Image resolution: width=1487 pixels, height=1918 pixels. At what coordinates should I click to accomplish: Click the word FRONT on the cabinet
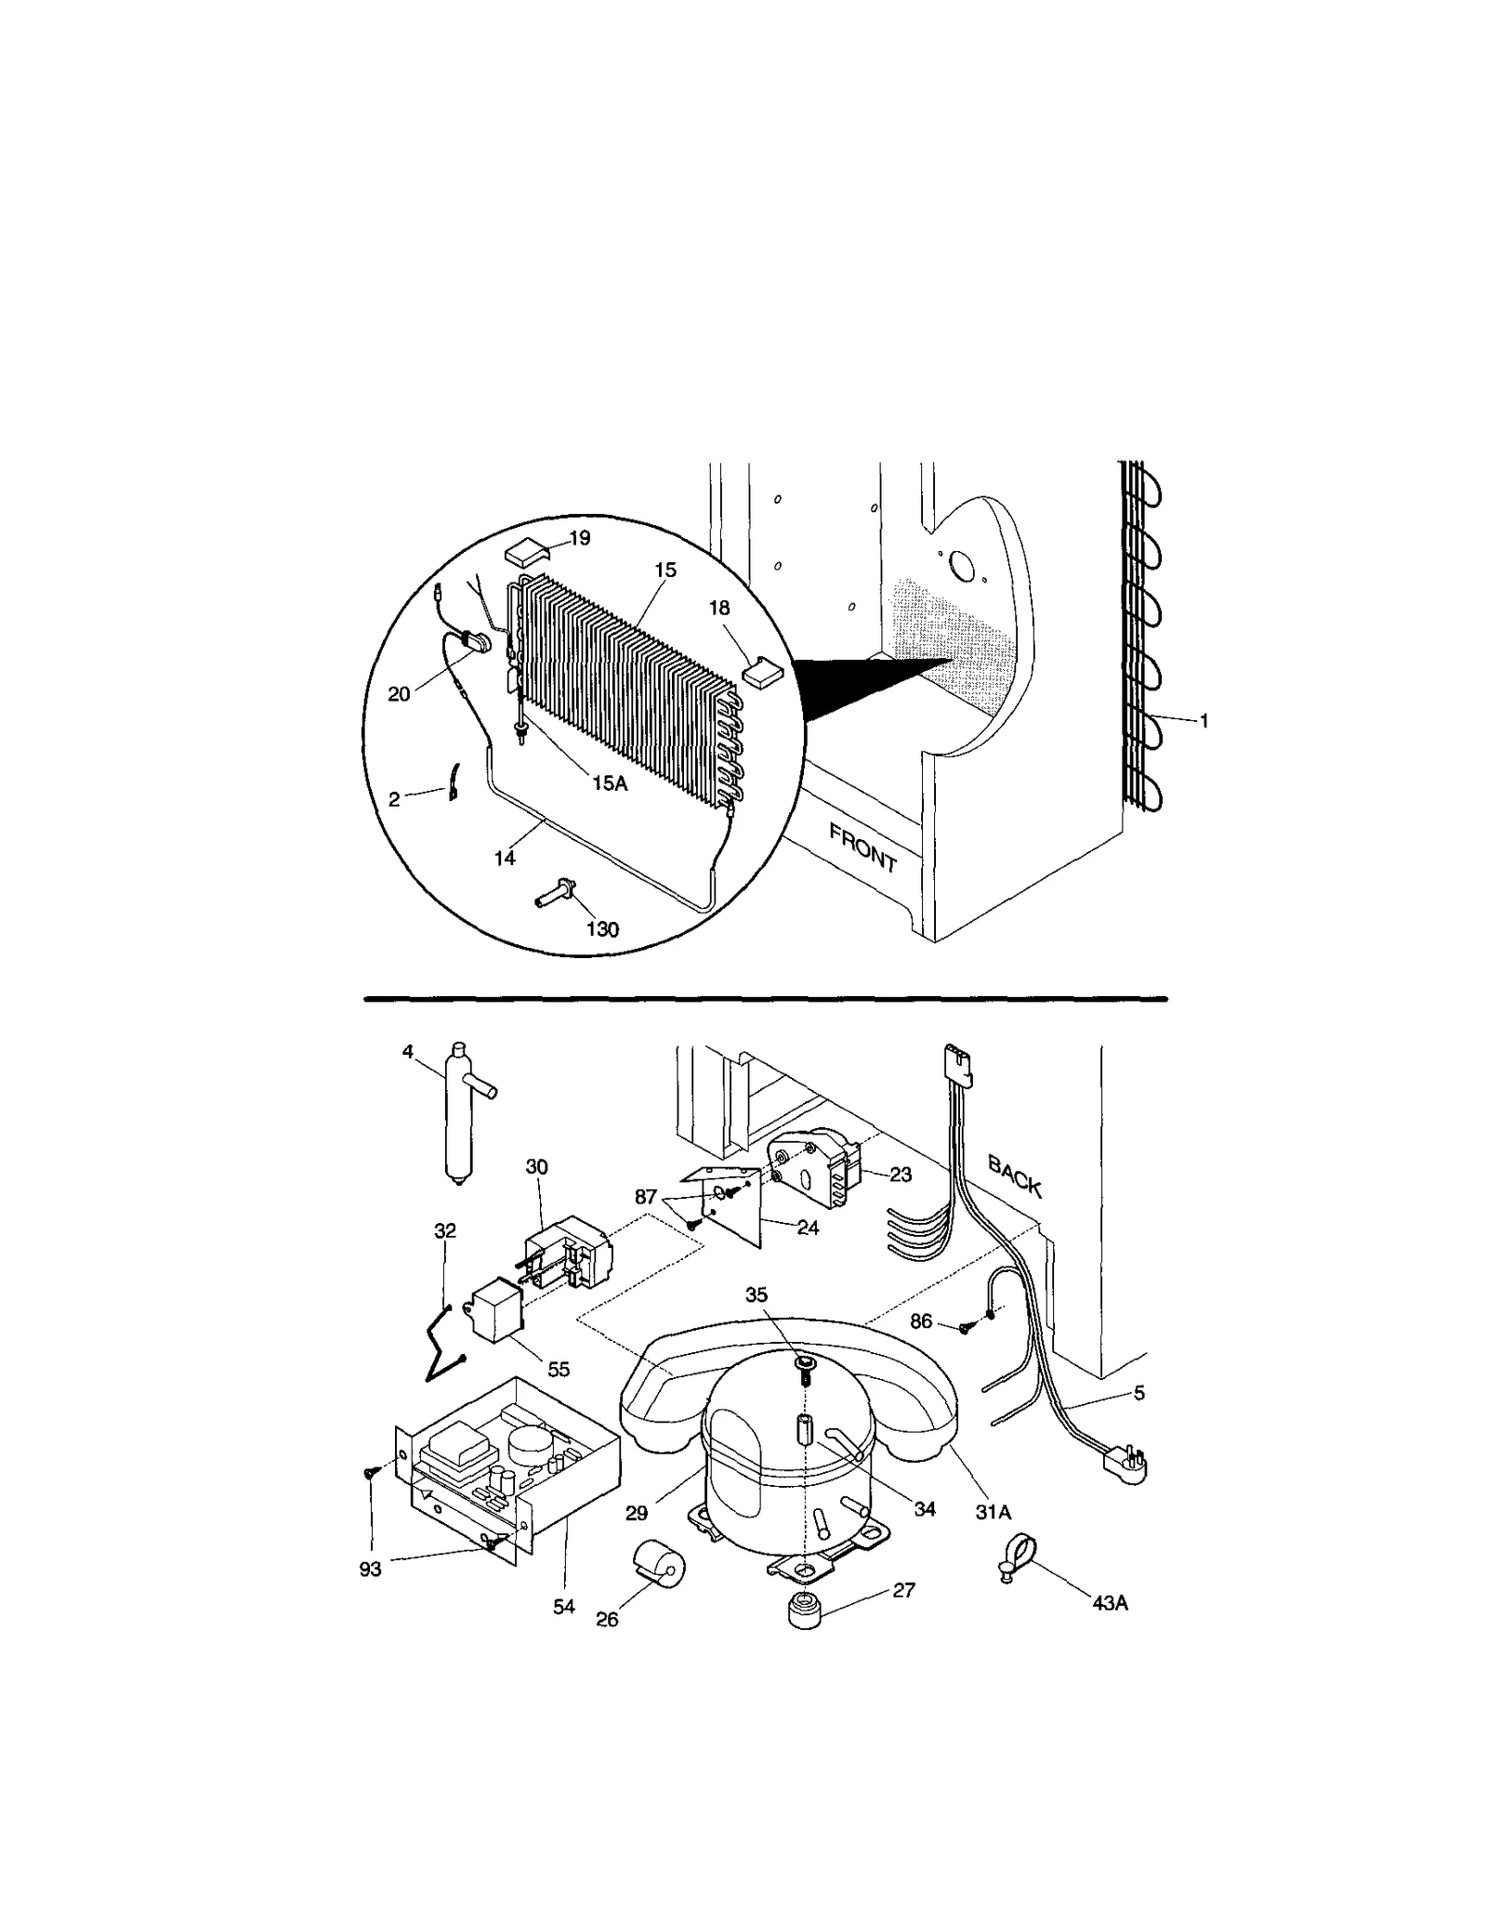point(862,847)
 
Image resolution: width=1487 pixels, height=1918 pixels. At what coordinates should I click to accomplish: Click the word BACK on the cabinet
point(1015,1176)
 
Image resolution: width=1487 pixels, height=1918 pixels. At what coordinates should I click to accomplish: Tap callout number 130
point(602,929)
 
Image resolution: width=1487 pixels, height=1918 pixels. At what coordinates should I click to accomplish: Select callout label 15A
point(610,783)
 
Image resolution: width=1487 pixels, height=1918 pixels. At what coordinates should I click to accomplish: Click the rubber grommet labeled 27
point(805,1610)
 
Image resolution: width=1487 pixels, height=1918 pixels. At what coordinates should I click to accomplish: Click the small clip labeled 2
point(454,781)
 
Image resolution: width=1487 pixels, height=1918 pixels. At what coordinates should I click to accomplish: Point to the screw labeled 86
point(966,1329)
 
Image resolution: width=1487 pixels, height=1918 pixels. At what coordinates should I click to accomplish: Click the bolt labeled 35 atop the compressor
point(805,1364)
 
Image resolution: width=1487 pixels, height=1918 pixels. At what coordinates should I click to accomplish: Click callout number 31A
point(993,1512)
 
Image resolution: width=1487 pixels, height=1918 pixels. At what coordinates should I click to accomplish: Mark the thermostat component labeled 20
point(475,641)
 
